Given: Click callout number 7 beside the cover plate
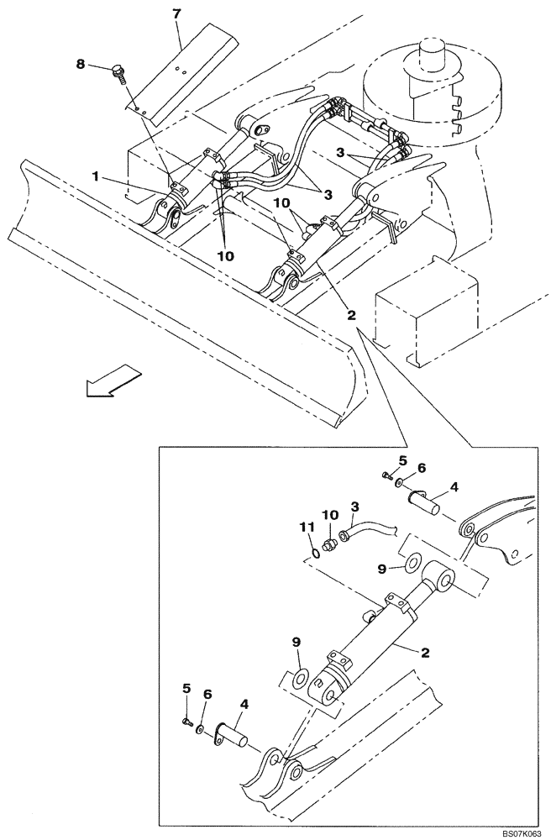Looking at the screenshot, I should pos(178,15).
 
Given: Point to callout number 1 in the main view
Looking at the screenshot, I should pos(97,177).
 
